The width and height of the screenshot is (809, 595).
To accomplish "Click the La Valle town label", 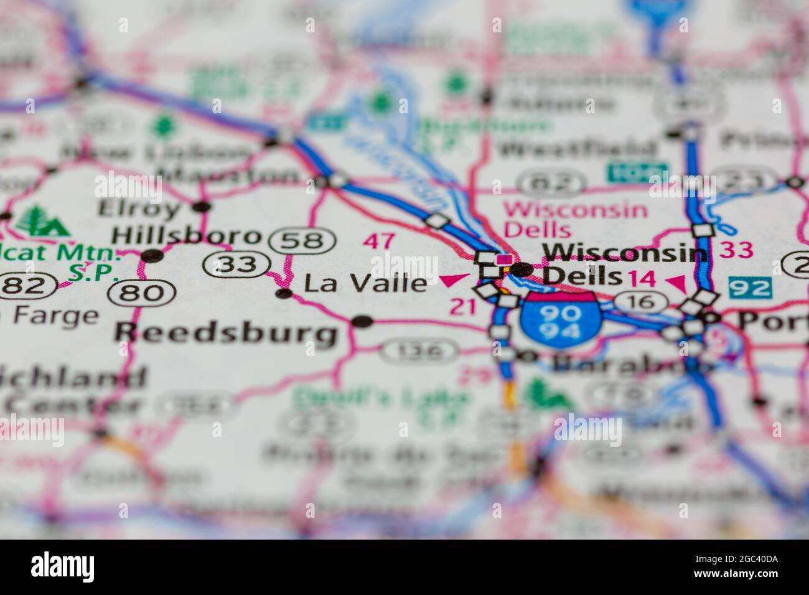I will (365, 284).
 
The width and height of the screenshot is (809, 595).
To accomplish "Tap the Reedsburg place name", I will (225, 333).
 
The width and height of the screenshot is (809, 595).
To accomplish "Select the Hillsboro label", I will (185, 235).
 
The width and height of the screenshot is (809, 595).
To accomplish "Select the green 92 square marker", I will (750, 288).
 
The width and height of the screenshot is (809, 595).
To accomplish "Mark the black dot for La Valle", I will (284, 293).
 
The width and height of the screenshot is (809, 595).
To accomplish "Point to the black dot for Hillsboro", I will (151, 255).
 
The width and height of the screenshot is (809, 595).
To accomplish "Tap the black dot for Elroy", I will (201, 207).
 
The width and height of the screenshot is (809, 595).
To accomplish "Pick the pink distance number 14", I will (641, 279).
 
